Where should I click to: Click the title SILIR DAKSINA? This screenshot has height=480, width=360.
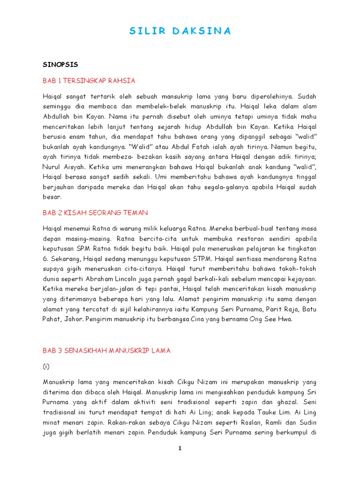point(180,31)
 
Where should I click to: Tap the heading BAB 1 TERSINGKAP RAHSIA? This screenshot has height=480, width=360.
point(89,81)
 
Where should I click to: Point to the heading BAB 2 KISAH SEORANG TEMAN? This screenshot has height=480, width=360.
point(95,213)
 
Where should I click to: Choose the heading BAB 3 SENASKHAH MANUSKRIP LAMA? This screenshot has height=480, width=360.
point(106,351)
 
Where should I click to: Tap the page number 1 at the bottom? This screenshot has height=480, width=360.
point(179,449)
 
